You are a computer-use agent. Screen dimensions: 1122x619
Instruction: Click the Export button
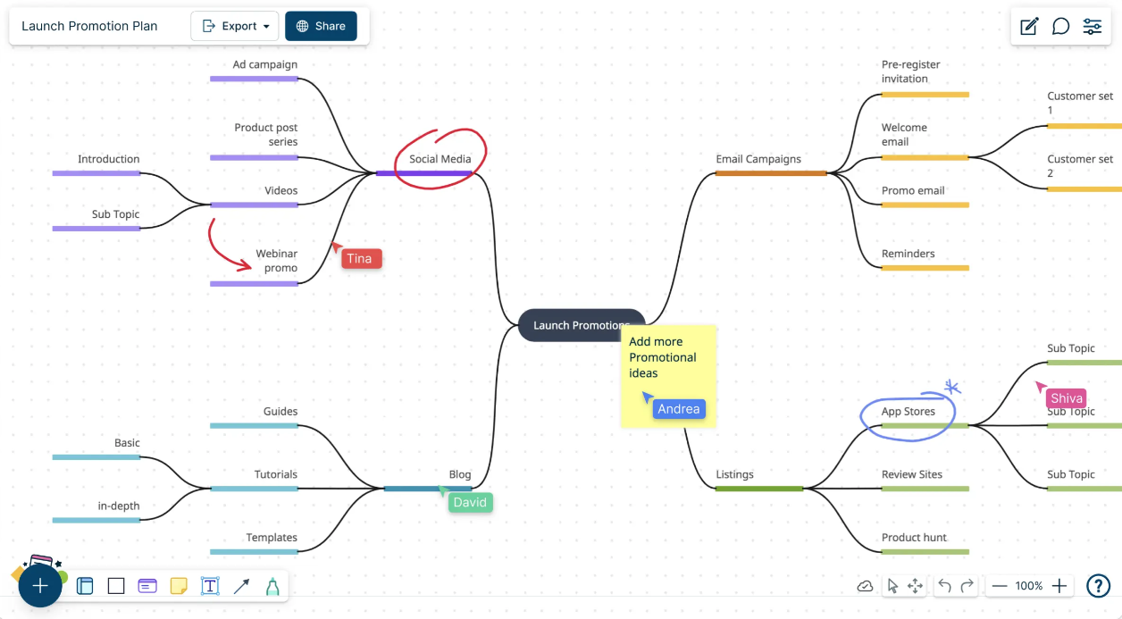(234, 26)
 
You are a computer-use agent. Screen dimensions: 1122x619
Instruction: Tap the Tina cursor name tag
(361, 258)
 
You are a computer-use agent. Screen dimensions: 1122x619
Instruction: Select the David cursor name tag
(471, 502)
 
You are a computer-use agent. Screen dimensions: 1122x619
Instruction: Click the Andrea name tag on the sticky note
(679, 409)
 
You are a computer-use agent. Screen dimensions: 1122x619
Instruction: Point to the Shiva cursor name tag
(1066, 398)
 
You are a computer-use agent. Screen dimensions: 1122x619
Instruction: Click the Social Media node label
(440, 159)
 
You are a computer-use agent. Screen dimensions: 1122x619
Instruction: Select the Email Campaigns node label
(758, 159)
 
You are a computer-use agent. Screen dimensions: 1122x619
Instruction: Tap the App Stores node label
(908, 411)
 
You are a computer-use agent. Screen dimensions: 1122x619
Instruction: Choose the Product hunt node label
(914, 538)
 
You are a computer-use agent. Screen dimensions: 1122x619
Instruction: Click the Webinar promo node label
(277, 261)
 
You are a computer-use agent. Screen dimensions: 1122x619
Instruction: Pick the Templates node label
(272, 538)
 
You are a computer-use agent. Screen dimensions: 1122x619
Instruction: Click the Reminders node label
(908, 254)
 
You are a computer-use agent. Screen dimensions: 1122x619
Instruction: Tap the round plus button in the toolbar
(40, 585)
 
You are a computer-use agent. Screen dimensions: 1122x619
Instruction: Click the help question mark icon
(1098, 585)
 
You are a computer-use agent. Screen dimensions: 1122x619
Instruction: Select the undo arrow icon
(945, 585)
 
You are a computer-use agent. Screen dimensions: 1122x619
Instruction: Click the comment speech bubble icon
(1060, 26)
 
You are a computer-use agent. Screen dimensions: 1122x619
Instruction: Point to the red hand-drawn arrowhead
(246, 264)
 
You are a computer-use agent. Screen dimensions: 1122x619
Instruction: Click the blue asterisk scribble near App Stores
(951, 387)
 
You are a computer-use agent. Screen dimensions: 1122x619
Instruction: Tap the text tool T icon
(210, 585)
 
